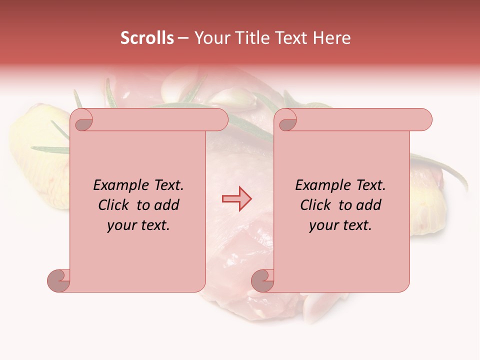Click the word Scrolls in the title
point(147,38)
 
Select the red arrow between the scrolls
point(236,199)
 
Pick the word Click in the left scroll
point(115,205)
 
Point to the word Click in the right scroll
point(317,205)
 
